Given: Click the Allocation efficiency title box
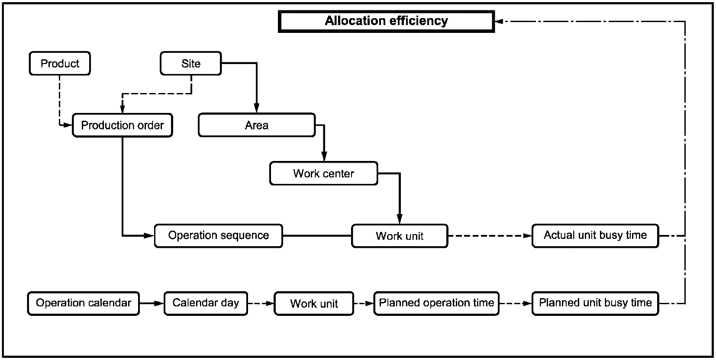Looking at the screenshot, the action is [x=387, y=21].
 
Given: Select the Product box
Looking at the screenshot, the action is [x=60, y=63].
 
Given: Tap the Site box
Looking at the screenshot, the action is [x=191, y=63].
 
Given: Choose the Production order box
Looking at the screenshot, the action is [x=123, y=125].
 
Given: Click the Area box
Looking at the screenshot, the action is [x=257, y=125].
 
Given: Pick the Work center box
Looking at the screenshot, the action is [x=324, y=174].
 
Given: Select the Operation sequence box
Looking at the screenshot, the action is [x=219, y=236].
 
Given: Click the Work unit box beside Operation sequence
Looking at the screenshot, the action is [x=400, y=236].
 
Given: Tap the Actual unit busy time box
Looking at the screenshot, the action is [x=595, y=236].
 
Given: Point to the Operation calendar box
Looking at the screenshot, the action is [x=84, y=303].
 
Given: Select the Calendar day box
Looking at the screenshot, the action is [x=206, y=303].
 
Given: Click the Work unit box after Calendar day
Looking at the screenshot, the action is [x=314, y=303].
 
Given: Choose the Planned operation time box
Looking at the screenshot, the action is [x=436, y=303].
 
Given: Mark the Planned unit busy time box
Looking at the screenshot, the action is [x=595, y=303].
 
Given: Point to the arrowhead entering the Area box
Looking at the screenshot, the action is [x=256, y=108].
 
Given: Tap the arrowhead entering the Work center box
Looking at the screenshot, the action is [x=324, y=157].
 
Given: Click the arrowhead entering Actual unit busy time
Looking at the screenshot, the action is [x=527, y=236].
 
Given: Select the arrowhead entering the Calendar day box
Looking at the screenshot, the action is [x=159, y=303].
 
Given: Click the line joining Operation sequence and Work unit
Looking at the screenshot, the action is [x=317, y=236].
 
